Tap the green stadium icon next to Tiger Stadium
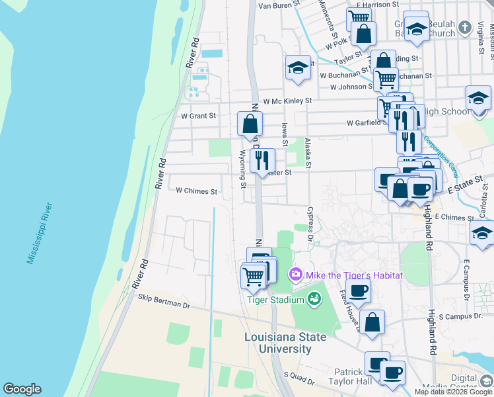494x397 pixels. tap(314, 300)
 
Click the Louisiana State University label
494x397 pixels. tap(285, 343)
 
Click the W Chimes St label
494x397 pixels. tap(196, 191)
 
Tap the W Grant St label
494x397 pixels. tap(198, 116)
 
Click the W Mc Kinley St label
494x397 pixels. tap(287, 101)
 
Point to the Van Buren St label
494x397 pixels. tap(279, 5)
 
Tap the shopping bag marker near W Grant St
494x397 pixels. tap(250, 123)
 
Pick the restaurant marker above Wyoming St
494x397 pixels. tap(262, 159)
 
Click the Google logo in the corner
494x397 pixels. tap(22, 389)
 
